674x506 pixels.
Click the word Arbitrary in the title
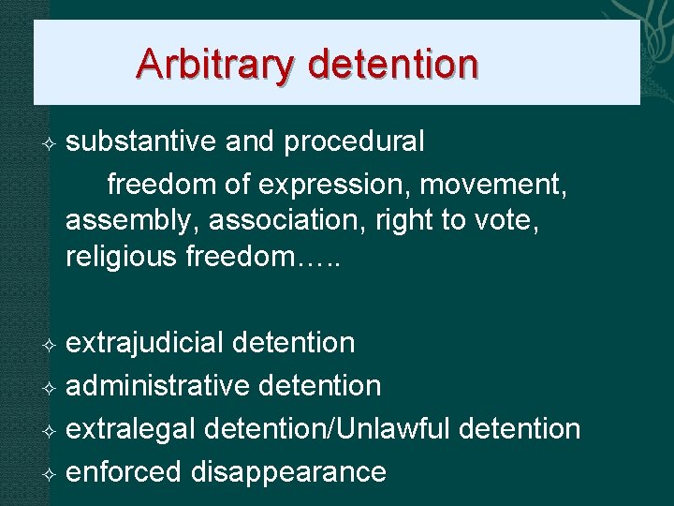point(214,65)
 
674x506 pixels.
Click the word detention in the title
point(392,65)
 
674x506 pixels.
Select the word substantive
point(141,141)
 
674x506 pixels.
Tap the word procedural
point(354,141)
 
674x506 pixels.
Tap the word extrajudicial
point(145,343)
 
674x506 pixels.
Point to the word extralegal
point(131,429)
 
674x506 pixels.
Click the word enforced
point(124,471)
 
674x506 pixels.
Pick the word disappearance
point(288,471)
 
